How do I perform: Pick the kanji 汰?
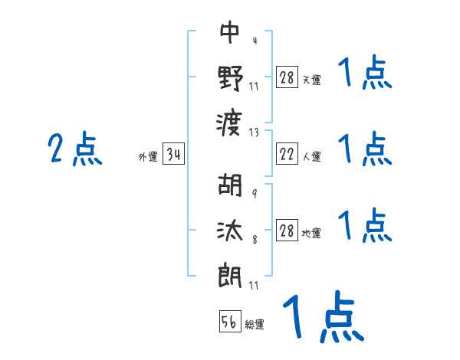pos(230,229)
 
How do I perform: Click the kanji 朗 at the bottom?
pos(230,273)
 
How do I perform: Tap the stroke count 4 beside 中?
pos(254,41)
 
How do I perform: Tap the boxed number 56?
pos(230,323)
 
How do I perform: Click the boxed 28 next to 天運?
pos(287,77)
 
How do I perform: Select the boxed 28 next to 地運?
pos(287,231)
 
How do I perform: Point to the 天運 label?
pos(311,80)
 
